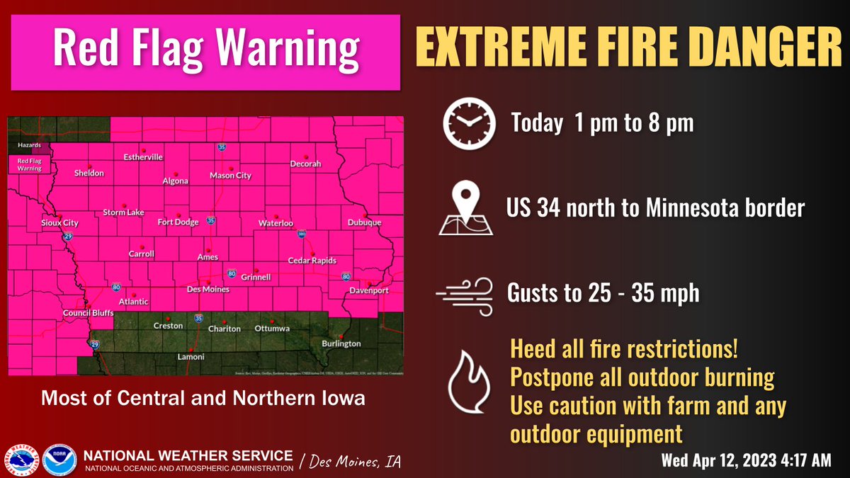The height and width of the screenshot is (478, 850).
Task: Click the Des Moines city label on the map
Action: click(208, 290)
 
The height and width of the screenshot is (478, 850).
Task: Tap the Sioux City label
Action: click(59, 223)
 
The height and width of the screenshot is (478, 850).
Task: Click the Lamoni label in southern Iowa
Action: click(190, 357)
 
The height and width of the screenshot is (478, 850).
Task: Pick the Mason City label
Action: click(230, 176)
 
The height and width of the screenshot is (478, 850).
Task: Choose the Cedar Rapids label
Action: click(312, 261)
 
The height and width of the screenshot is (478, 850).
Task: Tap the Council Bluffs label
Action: click(84, 313)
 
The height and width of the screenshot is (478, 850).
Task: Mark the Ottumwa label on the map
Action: click(272, 329)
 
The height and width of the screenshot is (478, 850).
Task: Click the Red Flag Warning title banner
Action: click(205, 50)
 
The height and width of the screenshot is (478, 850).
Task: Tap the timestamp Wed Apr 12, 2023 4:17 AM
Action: click(745, 461)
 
